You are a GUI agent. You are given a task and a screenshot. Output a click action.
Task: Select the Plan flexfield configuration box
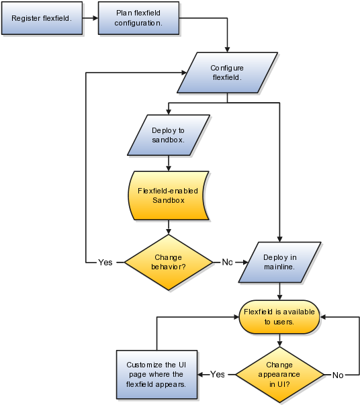pyautogui.click(x=138, y=18)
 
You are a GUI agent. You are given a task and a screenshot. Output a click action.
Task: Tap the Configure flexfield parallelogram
pyautogui.click(x=227, y=73)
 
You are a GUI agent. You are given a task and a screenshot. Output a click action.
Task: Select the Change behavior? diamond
pyautogui.click(x=168, y=261)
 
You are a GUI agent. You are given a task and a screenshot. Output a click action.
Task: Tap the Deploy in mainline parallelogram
pyautogui.click(x=279, y=261)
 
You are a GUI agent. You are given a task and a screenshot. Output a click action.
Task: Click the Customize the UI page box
pyautogui.click(x=156, y=375)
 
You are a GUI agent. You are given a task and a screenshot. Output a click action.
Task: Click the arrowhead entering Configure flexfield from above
pyautogui.click(x=228, y=50)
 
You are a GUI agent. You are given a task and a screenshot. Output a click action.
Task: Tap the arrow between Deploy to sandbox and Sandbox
pyautogui.click(x=168, y=163)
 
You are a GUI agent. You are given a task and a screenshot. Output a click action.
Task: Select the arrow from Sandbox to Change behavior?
pyautogui.click(x=168, y=228)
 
